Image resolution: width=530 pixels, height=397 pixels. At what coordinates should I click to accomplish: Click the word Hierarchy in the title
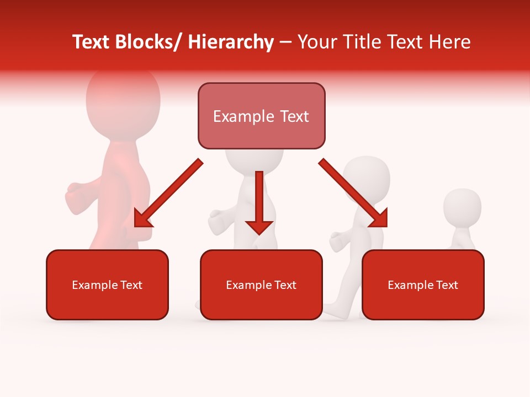coord(231,42)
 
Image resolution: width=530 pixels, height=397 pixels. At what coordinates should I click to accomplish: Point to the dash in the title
coord(285,43)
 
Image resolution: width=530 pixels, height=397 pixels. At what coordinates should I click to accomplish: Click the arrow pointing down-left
coord(168,193)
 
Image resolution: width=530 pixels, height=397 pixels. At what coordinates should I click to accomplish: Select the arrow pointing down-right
coord(353,193)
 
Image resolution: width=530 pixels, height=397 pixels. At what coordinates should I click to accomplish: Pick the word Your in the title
coord(316,42)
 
